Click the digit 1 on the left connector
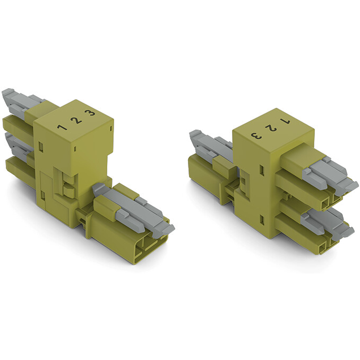click(x=62, y=127)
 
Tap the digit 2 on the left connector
click(x=77, y=119)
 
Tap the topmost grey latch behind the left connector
click(x=21, y=100)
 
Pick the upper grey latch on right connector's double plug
click(x=329, y=173)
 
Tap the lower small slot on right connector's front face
click(x=262, y=218)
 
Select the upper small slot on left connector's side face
click(x=41, y=145)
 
